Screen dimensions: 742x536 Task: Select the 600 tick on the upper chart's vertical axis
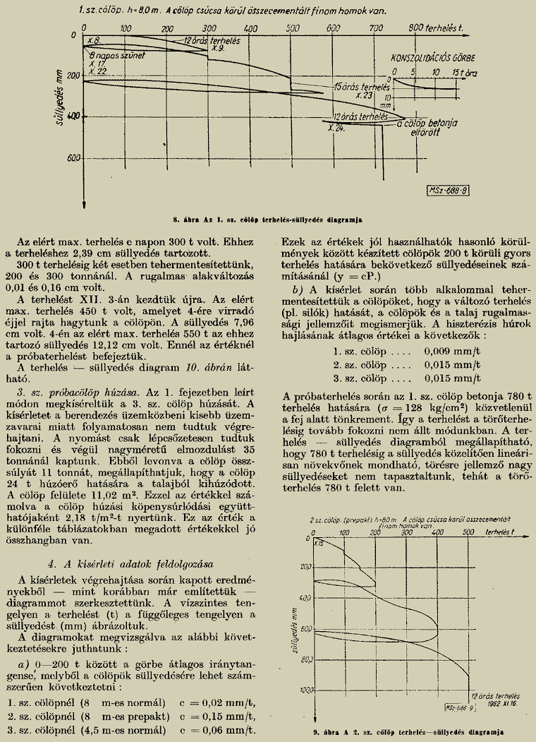click(x=72, y=157)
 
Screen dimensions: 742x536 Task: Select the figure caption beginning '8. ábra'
click(x=268, y=211)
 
